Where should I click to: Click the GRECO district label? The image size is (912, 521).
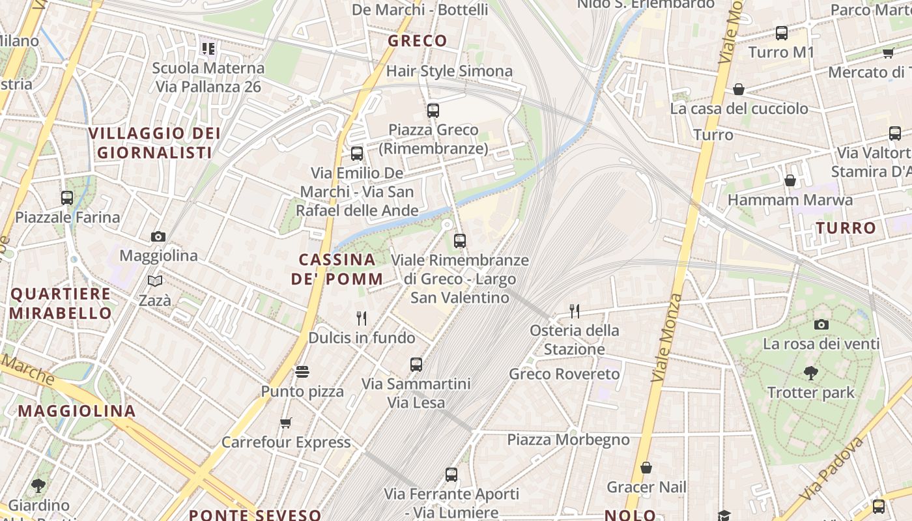[x=418, y=41]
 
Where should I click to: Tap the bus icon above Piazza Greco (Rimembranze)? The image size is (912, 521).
[x=433, y=111]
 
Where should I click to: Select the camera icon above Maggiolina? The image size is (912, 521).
[x=158, y=236]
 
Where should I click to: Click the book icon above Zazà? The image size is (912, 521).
[x=155, y=281]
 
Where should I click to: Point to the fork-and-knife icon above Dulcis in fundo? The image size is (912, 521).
[x=362, y=318]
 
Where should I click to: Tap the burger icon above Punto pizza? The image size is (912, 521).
[x=302, y=372]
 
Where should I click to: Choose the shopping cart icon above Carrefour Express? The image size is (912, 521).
[x=285, y=423]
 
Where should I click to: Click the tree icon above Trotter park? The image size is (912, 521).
[x=810, y=373]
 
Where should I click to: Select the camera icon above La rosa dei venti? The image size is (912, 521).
[x=821, y=324]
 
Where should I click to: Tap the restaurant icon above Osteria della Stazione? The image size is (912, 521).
[x=574, y=311]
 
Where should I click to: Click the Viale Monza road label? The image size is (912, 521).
[x=667, y=337]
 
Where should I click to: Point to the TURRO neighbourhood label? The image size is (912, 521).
[x=846, y=228]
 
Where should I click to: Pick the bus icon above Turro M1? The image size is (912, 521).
[x=782, y=33]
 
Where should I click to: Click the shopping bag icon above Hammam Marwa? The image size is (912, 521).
[x=790, y=180]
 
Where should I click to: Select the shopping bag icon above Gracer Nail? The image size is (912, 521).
[x=646, y=468]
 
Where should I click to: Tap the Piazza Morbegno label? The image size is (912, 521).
[x=568, y=440]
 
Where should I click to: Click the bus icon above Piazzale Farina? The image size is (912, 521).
[x=67, y=198]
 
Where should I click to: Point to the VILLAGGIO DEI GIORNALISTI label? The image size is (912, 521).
[x=154, y=143]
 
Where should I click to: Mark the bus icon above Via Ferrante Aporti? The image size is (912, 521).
[x=451, y=475]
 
